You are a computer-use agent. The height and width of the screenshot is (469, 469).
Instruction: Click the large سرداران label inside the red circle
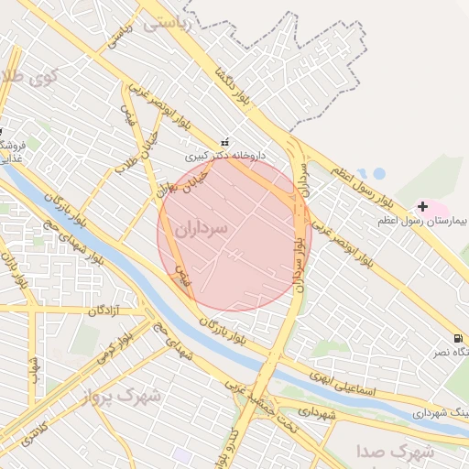(197, 230)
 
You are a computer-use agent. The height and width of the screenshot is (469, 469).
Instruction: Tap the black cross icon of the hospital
(421, 206)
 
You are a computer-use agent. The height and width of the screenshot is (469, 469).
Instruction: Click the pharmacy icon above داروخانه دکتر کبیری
(224, 143)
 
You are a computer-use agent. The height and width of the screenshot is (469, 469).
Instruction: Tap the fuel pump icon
(457, 338)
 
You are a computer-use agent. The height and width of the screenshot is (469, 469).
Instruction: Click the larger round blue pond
(377, 172)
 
